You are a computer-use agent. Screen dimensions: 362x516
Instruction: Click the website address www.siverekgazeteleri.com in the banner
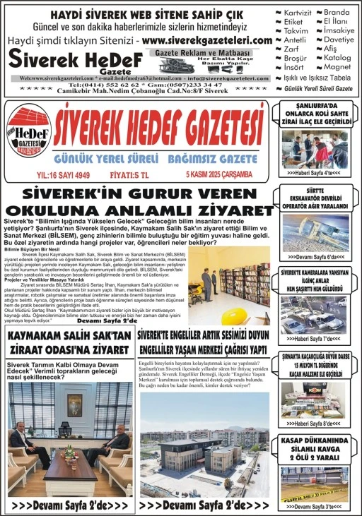tap(206, 41)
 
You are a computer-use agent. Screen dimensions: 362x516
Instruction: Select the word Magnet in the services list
tap(337, 67)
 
